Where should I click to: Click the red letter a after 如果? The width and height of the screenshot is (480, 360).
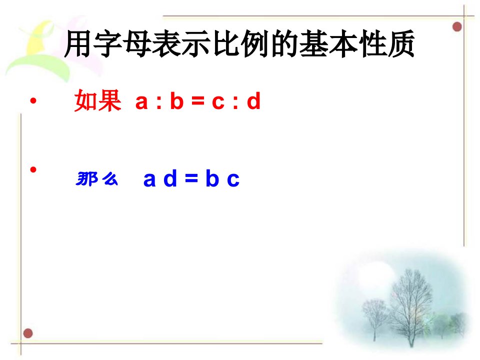141,102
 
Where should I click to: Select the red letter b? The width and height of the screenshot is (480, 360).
177,100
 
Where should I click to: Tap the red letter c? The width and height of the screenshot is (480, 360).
218,102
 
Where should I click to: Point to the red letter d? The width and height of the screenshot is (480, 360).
254,100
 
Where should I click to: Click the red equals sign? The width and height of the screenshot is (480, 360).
198,100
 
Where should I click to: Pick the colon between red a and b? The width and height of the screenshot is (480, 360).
158,102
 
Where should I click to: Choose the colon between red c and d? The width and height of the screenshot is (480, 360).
235,102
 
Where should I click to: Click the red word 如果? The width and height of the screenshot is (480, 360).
97,100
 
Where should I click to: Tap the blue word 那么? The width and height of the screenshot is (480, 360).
96,179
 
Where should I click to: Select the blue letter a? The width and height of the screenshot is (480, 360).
149,179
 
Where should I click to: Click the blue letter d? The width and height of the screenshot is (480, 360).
170,178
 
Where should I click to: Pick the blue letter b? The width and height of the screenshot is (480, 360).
212,178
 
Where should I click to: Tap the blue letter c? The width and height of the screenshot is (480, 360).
233,179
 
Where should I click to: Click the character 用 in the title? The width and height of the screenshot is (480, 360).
78,43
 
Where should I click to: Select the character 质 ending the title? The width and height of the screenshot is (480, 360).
401,43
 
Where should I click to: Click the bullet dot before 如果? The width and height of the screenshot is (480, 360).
33,100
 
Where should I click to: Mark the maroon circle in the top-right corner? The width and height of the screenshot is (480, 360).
457,26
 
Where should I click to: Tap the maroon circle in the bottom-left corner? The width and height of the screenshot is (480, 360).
28,333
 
